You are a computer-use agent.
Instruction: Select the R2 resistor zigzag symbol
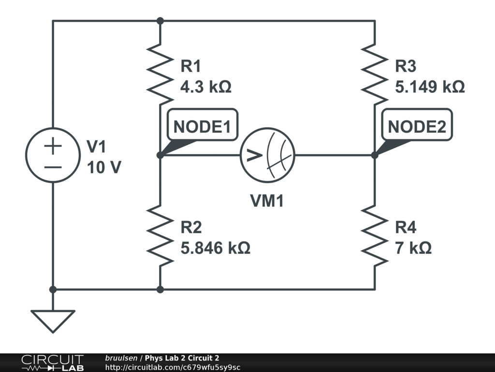160,235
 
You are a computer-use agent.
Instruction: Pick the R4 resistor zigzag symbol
375,235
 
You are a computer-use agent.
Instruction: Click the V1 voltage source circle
53,155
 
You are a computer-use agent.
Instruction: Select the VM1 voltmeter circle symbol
267,155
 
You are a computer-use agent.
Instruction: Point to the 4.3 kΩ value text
205,87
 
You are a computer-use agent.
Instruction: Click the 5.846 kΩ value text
215,248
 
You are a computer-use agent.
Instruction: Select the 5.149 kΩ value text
430,87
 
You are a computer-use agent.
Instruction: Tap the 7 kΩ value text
413,248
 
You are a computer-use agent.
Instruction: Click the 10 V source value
104,168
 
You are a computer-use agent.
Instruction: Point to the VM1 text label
267,201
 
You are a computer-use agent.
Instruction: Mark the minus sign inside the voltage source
53,167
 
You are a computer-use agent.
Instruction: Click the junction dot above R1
160,21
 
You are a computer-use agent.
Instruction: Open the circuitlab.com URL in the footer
172,367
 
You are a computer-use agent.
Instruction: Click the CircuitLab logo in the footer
52,363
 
